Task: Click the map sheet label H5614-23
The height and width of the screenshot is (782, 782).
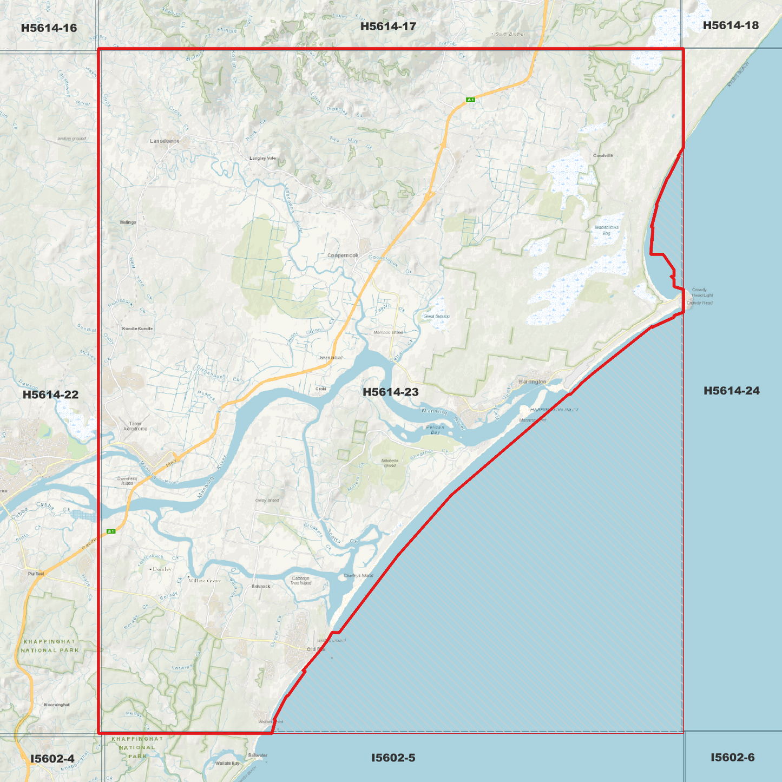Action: click(390, 392)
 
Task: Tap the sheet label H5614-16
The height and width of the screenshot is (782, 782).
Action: click(49, 28)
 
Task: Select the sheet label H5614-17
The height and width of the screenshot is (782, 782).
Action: click(388, 26)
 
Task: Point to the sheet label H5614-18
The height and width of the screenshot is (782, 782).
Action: click(731, 25)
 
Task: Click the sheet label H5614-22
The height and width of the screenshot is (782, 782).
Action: click(50, 395)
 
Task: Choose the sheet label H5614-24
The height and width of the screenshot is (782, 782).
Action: click(731, 391)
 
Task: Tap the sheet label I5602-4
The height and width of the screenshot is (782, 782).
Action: click(52, 758)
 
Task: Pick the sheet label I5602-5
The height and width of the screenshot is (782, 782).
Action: click(393, 758)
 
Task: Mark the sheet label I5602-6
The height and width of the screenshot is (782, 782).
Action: click(732, 757)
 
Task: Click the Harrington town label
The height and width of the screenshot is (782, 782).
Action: click(533, 382)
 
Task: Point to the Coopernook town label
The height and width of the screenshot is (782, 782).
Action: click(343, 255)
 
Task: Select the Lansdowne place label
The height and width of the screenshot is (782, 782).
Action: click(165, 141)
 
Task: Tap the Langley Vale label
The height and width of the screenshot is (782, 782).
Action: click(262, 158)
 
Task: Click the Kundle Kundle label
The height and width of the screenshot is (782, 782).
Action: click(137, 328)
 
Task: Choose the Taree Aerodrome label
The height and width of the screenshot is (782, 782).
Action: click(135, 426)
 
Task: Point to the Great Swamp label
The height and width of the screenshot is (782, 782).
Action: click(436, 317)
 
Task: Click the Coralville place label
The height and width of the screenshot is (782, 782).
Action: click(603, 155)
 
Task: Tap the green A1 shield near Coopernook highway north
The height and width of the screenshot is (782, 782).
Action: click(471, 100)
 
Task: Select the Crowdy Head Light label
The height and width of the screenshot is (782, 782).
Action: click(702, 292)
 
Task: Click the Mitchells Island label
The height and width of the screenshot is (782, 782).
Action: click(390, 463)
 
